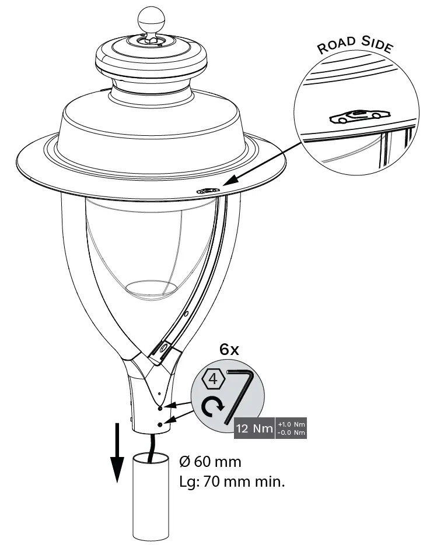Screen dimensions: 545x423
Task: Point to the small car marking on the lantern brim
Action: click(208, 191)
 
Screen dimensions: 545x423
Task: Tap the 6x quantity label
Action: click(229, 350)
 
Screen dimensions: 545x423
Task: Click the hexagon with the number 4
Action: click(214, 379)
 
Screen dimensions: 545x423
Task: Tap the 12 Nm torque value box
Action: click(254, 429)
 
